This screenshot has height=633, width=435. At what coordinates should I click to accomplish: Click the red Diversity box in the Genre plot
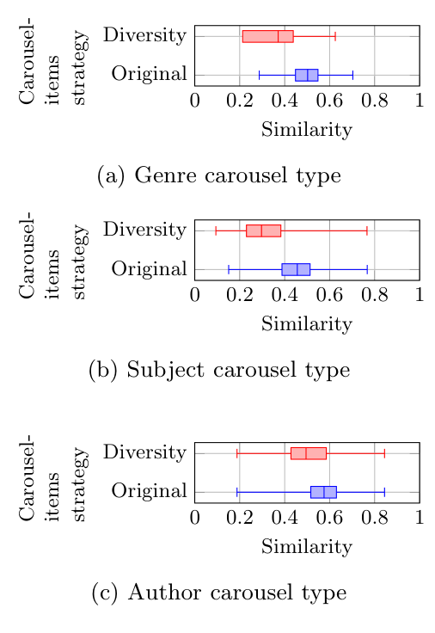[x=267, y=36]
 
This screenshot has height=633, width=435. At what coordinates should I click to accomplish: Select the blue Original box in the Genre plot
[x=306, y=75]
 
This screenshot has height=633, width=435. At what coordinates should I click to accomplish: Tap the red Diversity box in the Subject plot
[x=263, y=230]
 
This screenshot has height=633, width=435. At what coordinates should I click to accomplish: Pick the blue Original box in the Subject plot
[x=296, y=269]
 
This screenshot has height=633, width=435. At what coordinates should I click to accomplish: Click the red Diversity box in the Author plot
[x=309, y=452]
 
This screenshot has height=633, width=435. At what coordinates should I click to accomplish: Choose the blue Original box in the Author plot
[x=323, y=492]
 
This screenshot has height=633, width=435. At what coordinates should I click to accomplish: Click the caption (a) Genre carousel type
[x=219, y=175]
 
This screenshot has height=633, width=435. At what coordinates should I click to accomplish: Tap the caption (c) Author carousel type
[x=219, y=593]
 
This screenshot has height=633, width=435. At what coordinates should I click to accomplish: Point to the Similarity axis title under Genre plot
[x=306, y=130]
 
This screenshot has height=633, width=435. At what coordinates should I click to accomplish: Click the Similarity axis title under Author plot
[x=306, y=546]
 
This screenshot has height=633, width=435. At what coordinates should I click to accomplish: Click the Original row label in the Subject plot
[x=149, y=269]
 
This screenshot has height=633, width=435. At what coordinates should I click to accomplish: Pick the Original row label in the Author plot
[x=149, y=492]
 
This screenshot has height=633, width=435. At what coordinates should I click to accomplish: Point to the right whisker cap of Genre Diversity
[x=335, y=36]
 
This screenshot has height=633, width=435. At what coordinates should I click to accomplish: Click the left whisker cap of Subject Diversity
[x=216, y=230]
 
